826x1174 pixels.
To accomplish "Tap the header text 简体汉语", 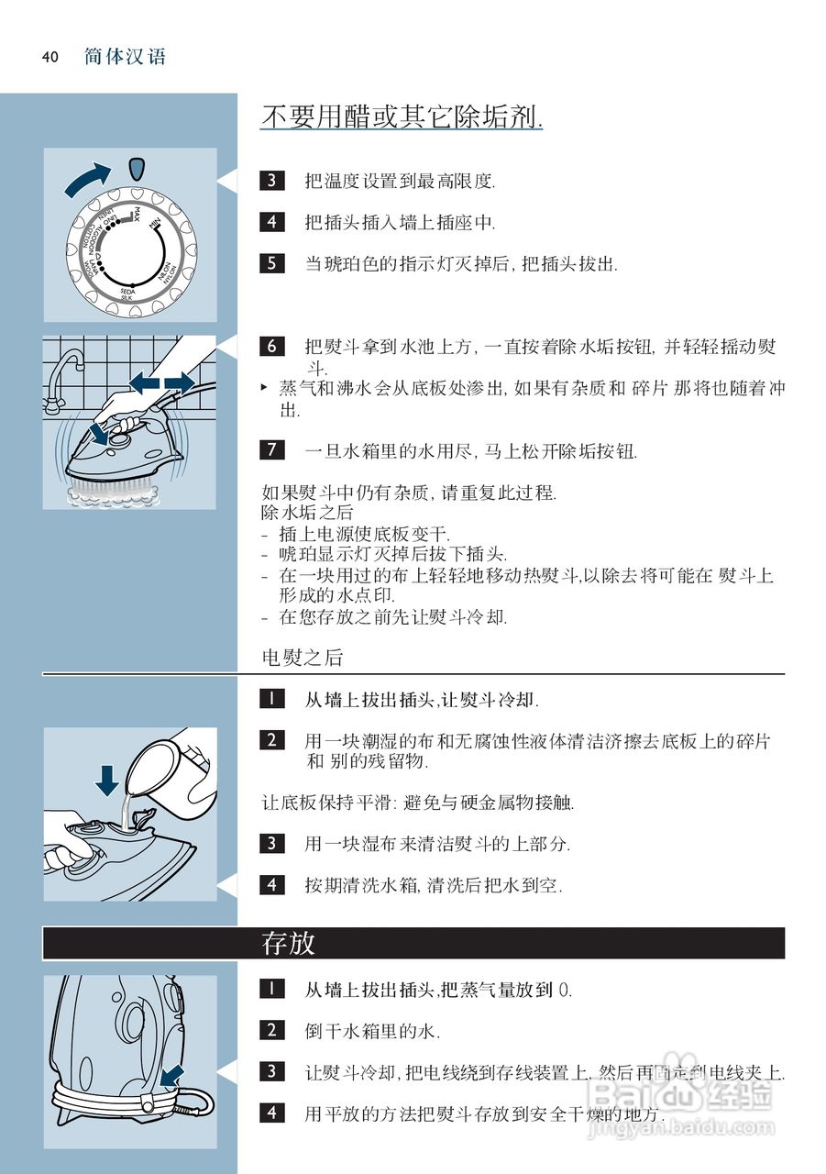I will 125,57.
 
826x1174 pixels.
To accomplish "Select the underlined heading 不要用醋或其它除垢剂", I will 402,117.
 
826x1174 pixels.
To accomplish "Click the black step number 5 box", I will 272,264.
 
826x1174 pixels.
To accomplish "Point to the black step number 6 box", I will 272,347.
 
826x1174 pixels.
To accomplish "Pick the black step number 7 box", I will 272,450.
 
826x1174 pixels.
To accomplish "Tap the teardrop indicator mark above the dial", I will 137,169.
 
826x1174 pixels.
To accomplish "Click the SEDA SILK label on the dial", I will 127,294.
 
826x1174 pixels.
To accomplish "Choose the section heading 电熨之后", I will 303,657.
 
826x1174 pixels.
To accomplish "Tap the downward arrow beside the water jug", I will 106,779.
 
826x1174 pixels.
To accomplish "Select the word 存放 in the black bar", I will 289,943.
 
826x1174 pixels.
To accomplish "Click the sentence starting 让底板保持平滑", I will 418,803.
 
